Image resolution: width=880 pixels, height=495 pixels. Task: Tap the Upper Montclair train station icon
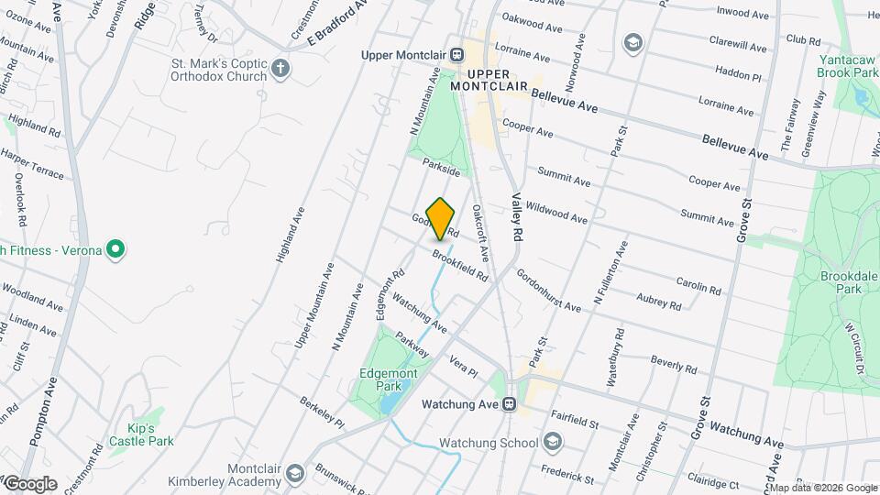[x=456, y=54]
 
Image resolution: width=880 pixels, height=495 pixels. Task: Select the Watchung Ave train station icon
[x=511, y=403]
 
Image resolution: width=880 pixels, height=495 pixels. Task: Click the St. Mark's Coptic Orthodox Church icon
[x=280, y=69]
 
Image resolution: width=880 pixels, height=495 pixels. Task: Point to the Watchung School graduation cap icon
[x=552, y=443]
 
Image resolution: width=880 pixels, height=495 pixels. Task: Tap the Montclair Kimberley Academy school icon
[x=295, y=473]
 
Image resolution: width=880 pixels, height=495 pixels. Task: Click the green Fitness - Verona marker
[x=115, y=249]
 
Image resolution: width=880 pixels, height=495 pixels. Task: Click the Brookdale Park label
[x=841, y=281]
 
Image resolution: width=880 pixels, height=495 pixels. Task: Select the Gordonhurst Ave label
[x=547, y=290]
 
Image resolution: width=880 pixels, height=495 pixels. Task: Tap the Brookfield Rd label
[x=459, y=265]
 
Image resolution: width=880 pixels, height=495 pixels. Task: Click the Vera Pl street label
[x=463, y=368]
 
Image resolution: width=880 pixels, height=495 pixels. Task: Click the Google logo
[x=29, y=483]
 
